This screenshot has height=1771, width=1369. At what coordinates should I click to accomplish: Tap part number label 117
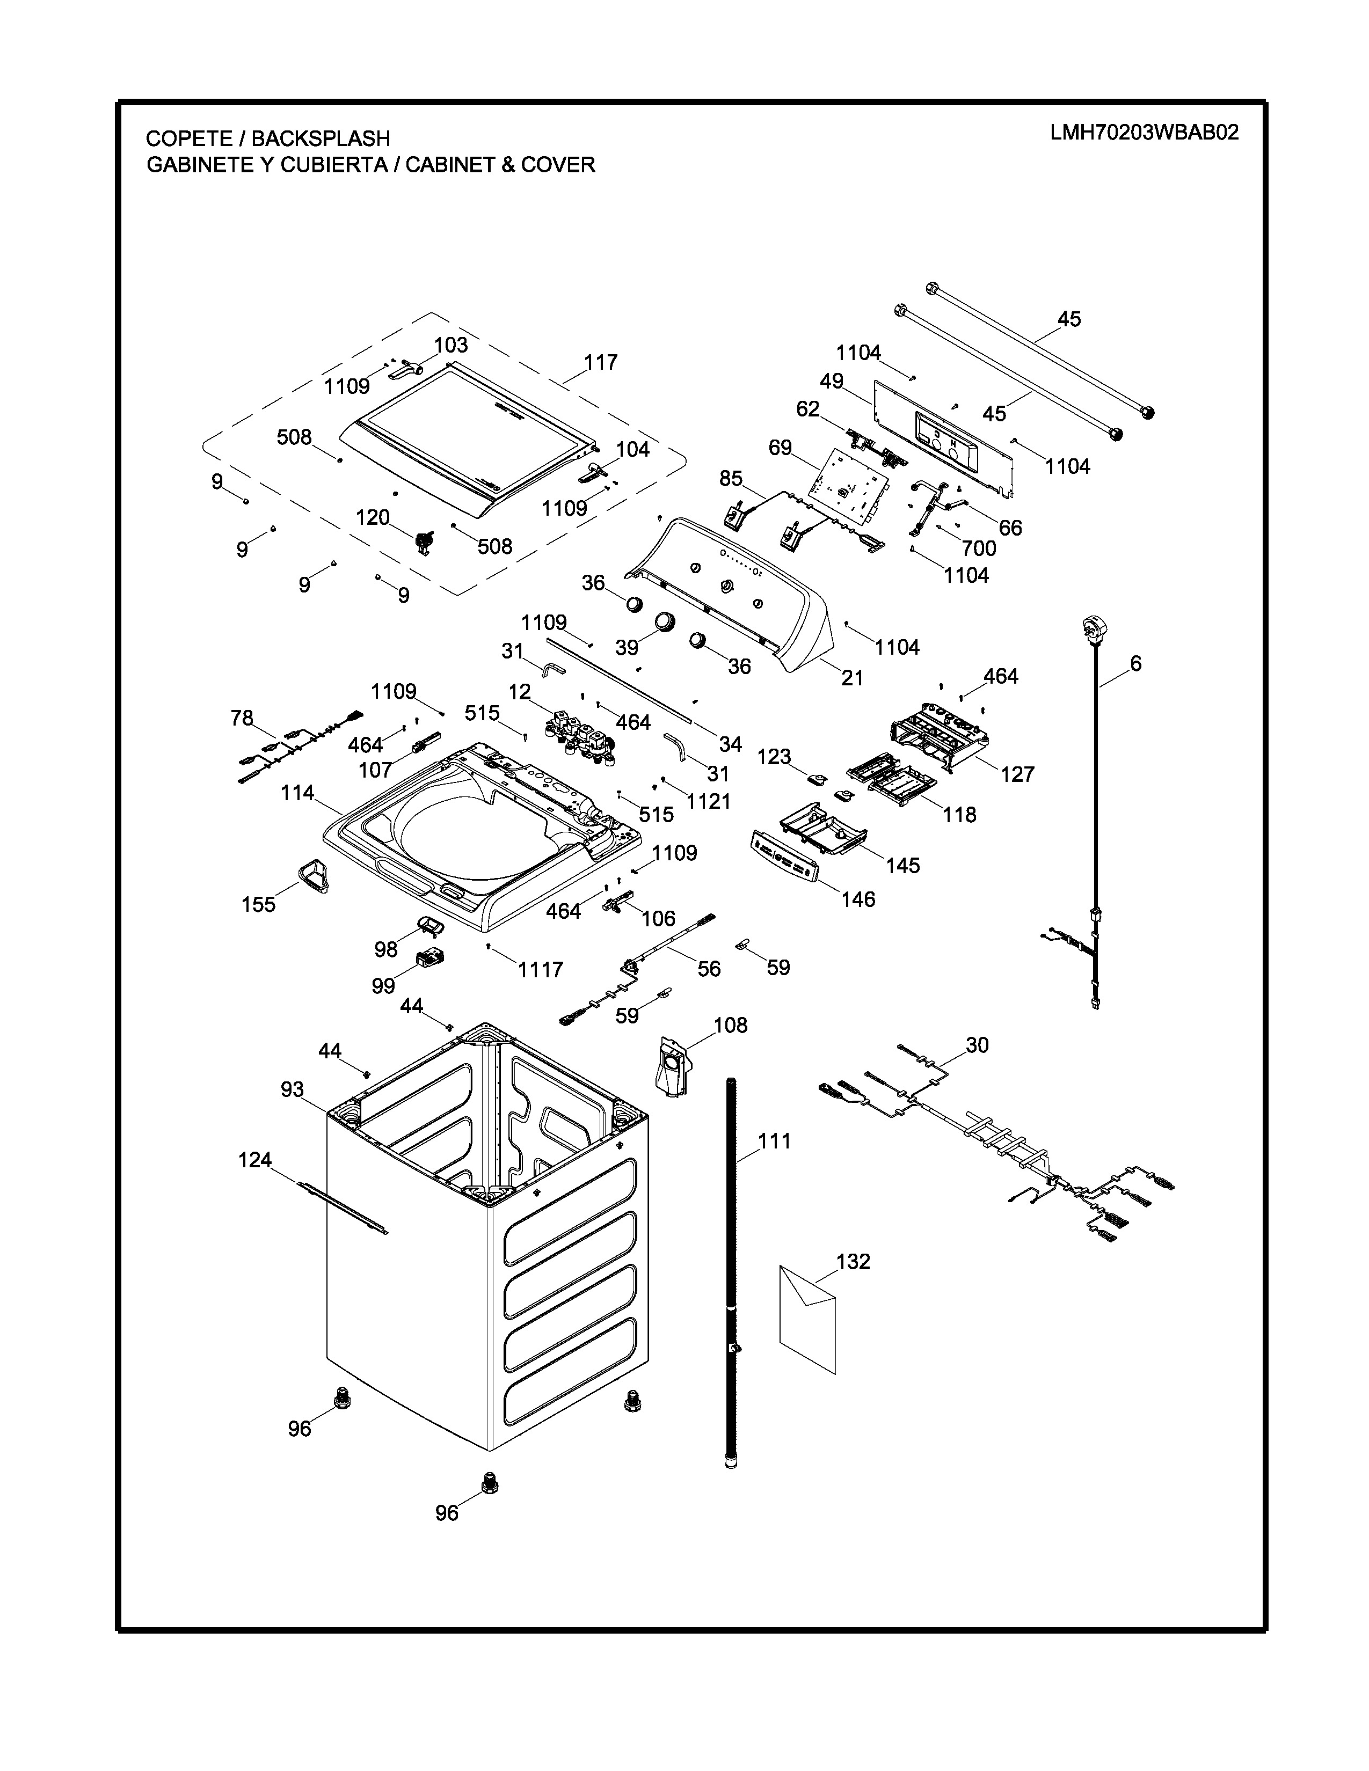click(x=600, y=362)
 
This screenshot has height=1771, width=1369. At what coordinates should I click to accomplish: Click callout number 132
click(x=853, y=1261)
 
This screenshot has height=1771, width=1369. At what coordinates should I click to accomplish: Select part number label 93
click(x=292, y=1089)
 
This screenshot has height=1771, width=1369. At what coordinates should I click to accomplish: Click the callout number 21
click(x=851, y=677)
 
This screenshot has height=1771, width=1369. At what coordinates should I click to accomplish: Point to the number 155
click(x=259, y=904)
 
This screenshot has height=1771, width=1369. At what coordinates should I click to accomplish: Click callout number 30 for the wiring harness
click(x=977, y=1045)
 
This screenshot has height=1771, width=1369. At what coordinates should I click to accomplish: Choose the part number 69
click(x=780, y=448)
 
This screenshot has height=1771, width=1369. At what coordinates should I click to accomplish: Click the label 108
click(x=730, y=1025)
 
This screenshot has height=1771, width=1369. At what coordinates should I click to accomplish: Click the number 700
click(x=978, y=548)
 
